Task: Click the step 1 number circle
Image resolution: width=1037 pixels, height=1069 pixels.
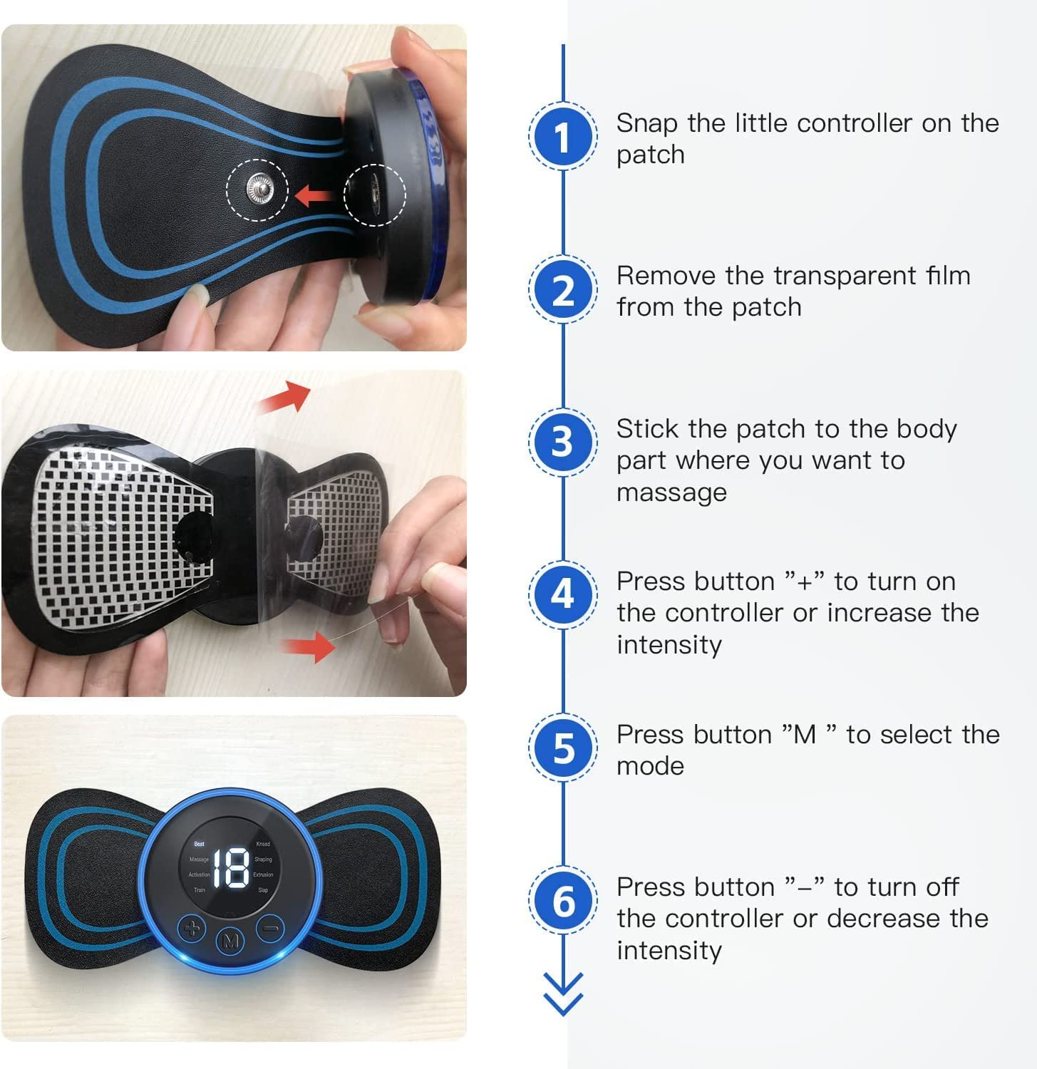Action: pos(563,136)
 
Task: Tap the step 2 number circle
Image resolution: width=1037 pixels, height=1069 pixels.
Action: pos(563,289)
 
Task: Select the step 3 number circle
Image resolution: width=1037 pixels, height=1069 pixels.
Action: pos(563,442)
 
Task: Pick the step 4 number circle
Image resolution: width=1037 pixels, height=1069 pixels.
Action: pos(563,594)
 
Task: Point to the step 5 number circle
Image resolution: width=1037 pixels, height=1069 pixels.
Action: pos(563,748)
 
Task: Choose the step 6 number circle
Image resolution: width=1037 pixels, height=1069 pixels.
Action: pos(563,901)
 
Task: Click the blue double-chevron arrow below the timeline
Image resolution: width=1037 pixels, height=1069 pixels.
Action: pos(563,993)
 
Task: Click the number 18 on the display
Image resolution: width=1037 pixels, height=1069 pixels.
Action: pos(231,867)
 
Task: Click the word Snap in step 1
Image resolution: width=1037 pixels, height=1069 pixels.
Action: pos(646,123)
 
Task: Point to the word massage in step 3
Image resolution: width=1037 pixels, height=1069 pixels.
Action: pos(671,492)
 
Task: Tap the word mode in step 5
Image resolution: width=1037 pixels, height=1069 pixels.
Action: pos(650,766)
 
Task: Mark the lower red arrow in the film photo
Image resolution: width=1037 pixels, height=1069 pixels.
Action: pos(308,647)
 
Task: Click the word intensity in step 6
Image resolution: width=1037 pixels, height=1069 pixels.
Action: pos(669,951)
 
